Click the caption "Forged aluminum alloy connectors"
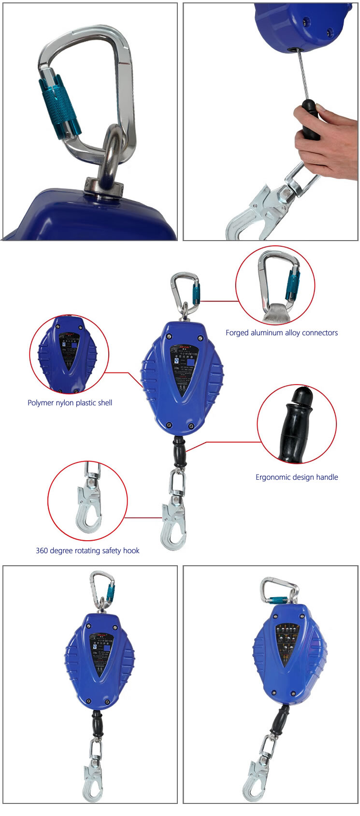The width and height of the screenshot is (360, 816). (281, 333)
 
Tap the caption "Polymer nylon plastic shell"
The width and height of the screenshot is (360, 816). (70, 403)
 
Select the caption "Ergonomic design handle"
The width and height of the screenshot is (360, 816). (297, 477)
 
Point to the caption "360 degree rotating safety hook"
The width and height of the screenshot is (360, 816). (87, 551)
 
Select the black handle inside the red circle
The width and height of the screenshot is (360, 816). (296, 425)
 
